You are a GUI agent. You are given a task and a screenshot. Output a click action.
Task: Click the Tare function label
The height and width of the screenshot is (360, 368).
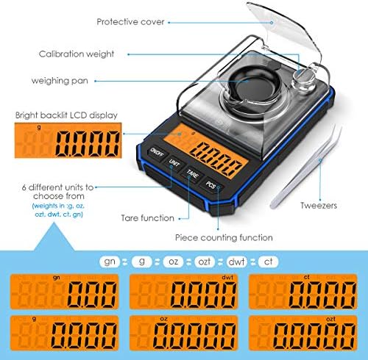[148, 218]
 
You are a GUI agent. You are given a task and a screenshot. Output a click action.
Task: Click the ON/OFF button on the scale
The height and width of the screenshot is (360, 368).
[156, 153]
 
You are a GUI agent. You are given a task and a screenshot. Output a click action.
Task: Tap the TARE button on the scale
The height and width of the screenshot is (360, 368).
[192, 175]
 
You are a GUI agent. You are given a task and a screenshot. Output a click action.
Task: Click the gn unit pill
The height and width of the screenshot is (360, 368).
[110, 262]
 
